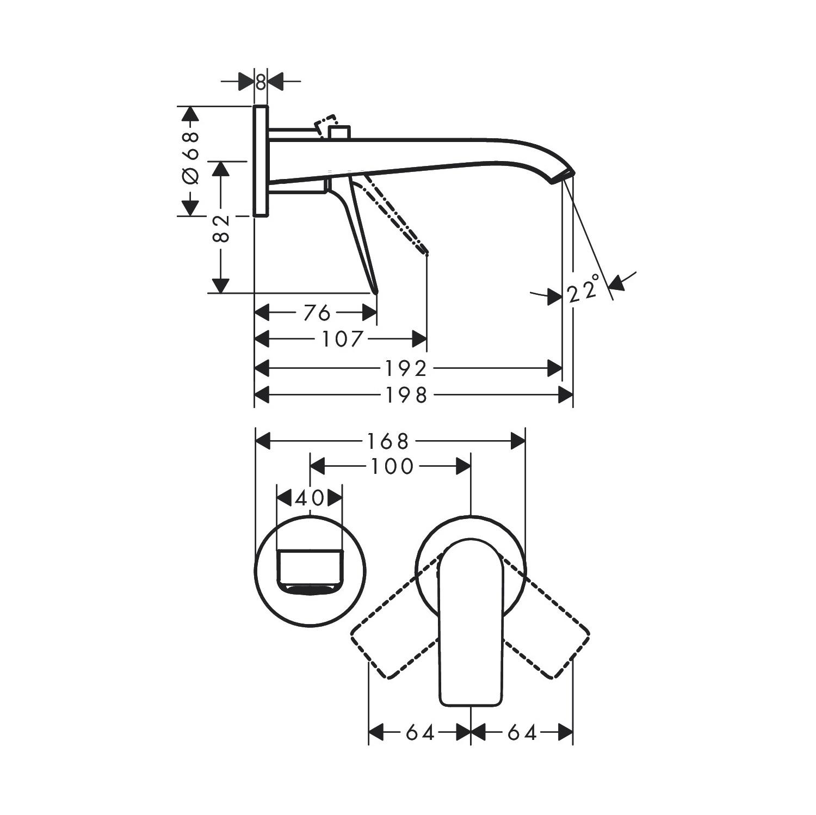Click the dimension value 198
click(406, 396)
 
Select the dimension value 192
click(406, 369)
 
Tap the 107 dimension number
click(342, 339)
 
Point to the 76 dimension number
click(317, 313)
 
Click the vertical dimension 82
click(221, 229)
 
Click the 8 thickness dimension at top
click(261, 82)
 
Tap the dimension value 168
click(387, 441)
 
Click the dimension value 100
click(392, 466)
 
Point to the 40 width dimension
click(310, 498)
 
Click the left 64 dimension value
click(420, 733)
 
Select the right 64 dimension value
click(522, 733)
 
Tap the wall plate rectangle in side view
click(261, 161)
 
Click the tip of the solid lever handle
click(375, 289)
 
